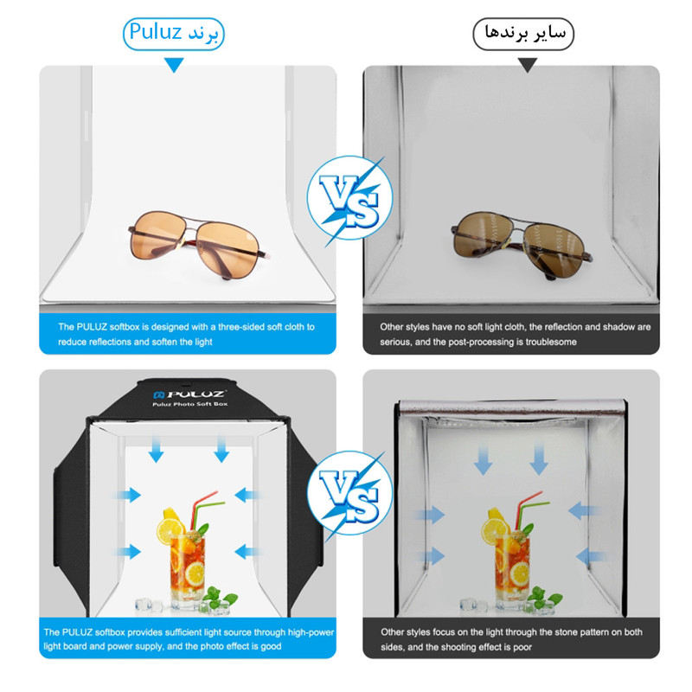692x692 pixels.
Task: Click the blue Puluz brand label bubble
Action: (x=174, y=34)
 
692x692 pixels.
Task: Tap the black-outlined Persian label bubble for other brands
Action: (x=523, y=34)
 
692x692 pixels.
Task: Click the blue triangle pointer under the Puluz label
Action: (x=175, y=65)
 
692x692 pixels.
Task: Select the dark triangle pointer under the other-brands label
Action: (x=528, y=65)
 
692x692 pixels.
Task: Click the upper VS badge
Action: (x=350, y=198)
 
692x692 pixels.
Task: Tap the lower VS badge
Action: (x=350, y=493)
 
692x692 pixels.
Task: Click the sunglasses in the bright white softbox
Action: (x=197, y=245)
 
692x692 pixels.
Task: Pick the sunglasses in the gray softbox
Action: (x=522, y=245)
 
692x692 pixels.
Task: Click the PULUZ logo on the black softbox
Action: (x=189, y=394)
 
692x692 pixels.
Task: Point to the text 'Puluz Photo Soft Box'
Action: (x=190, y=404)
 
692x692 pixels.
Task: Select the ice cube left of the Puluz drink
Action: (x=144, y=604)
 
